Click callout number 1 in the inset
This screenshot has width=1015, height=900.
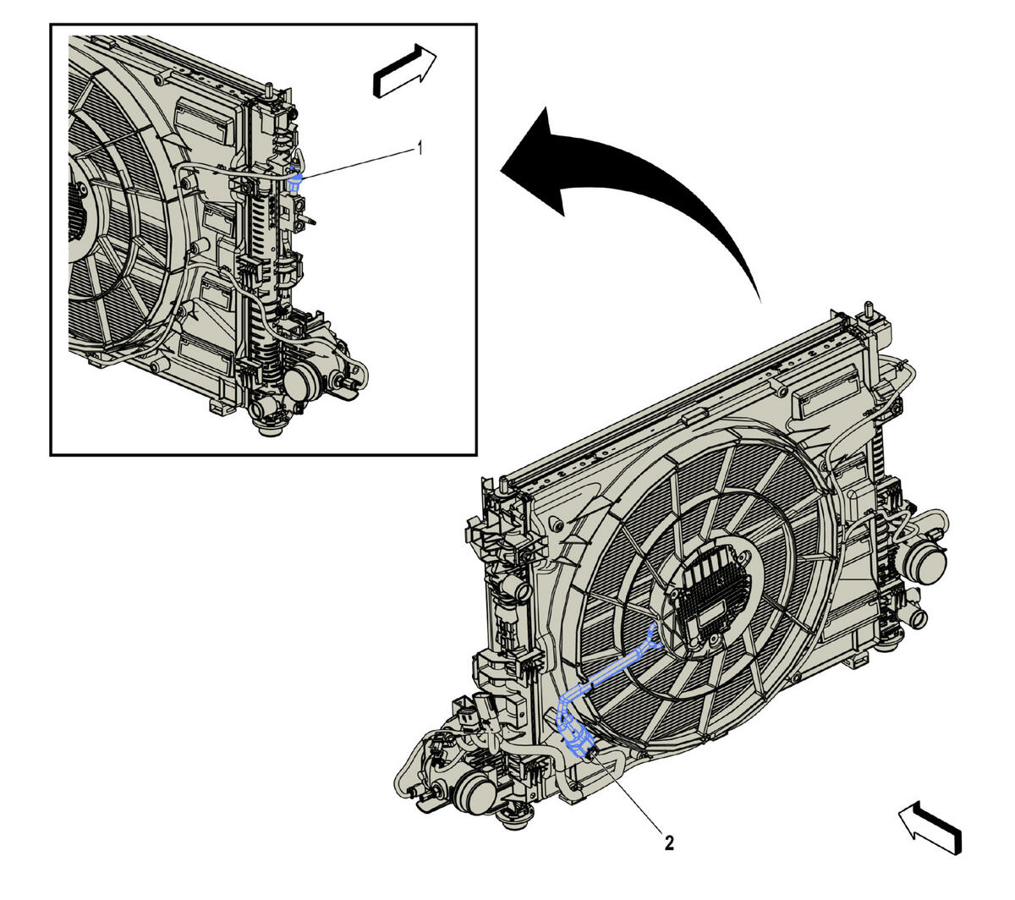420,148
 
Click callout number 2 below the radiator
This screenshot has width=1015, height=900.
669,843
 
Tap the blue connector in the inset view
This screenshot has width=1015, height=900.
295,181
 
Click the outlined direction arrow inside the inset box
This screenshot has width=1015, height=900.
405,70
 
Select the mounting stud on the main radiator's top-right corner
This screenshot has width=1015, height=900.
868,311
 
